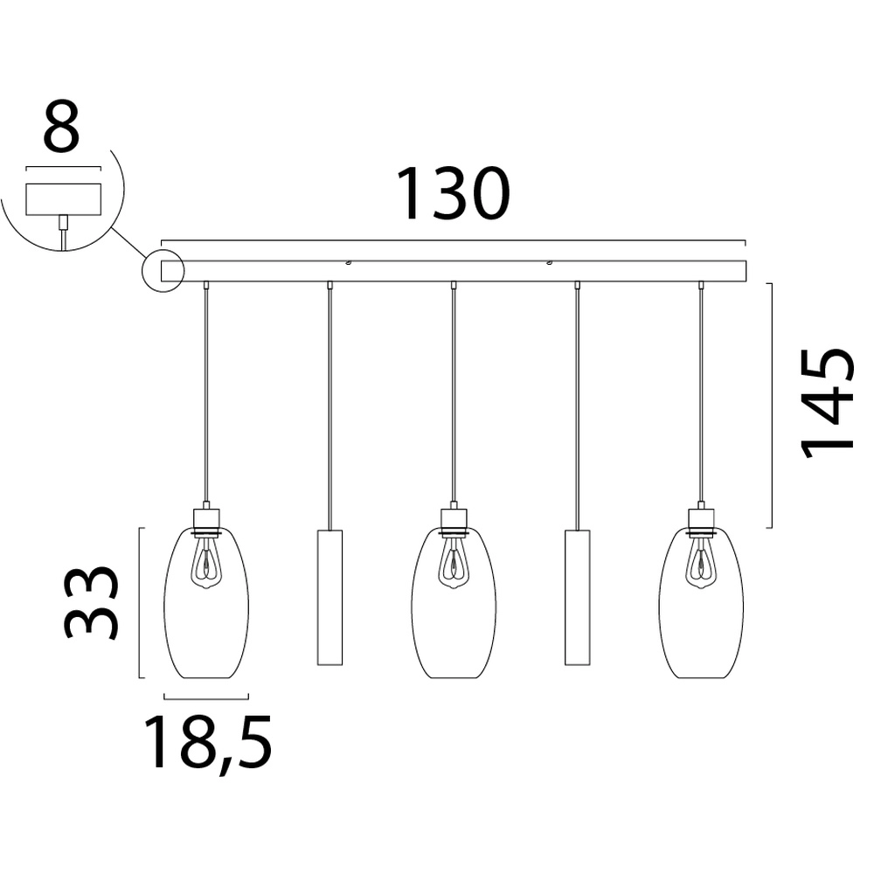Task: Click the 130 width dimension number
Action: [452, 193]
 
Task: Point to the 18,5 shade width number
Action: [208, 742]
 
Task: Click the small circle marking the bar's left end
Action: [163, 270]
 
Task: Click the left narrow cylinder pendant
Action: [329, 596]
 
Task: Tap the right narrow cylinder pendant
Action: [577, 596]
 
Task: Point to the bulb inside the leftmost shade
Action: [206, 561]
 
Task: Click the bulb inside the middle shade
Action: [453, 561]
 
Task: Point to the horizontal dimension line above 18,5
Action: [206, 697]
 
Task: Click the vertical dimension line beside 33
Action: [140, 603]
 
